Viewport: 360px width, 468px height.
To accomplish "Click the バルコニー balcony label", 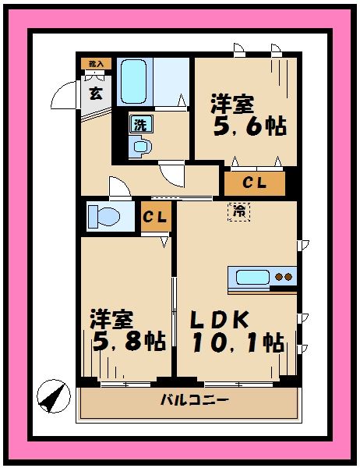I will tap(195, 400).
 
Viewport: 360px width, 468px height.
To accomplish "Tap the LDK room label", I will tap(220, 320).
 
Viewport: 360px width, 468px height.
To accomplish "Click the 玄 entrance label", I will tap(95, 94).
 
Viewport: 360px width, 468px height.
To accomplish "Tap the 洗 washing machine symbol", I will tap(140, 123).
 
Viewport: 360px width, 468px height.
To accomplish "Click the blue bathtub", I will tap(137, 80).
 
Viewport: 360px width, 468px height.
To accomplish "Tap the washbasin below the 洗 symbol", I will tap(140, 146).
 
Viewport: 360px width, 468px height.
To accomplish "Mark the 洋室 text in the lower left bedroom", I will tap(111, 318).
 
